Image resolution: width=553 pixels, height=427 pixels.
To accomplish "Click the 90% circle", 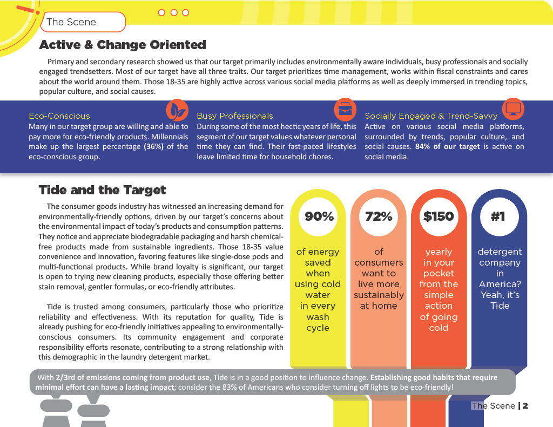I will click(319, 216).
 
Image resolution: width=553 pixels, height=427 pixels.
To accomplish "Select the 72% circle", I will click(379, 216).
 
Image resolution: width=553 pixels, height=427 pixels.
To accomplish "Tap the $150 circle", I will click(439, 216).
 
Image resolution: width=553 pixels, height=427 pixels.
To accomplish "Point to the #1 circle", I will click(498, 216).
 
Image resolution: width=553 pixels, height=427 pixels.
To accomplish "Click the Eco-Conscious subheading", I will click(59, 116).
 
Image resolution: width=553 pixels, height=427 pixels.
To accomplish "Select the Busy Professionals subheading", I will click(235, 116).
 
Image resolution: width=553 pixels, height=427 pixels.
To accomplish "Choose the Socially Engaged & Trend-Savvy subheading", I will click(431, 116).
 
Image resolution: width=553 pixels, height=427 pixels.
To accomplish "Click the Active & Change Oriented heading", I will click(123, 45).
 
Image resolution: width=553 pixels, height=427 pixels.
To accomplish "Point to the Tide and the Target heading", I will click(103, 190).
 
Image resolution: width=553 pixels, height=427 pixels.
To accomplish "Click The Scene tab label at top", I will click(71, 22).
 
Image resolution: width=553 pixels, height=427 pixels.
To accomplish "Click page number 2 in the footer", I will click(525, 406).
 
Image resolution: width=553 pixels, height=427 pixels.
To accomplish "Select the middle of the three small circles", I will click(174, 12).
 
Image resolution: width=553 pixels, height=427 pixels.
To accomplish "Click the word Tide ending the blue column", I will click(500, 306).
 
